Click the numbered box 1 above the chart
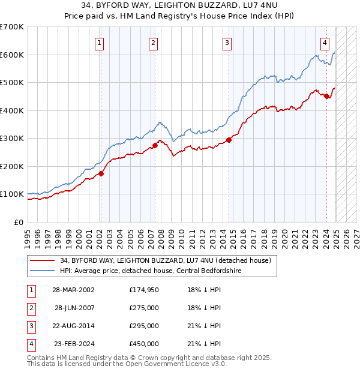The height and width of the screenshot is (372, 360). [x=98, y=43]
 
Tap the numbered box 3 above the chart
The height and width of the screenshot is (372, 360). [x=227, y=43]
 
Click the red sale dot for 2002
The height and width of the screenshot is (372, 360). [x=101, y=173]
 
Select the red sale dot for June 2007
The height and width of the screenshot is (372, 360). [x=155, y=145]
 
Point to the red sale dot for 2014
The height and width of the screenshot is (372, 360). [x=229, y=140]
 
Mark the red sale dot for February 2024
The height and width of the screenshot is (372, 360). [x=327, y=97]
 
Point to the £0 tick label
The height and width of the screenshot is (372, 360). [x=19, y=222]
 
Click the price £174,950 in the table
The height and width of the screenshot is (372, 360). [x=143, y=289]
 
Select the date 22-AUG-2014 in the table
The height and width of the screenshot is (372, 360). [x=73, y=326]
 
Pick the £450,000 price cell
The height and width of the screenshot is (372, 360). [x=143, y=344]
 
